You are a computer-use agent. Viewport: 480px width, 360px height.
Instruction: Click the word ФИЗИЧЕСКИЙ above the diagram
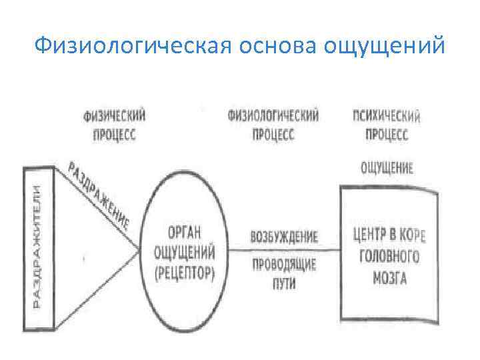coord(115,115)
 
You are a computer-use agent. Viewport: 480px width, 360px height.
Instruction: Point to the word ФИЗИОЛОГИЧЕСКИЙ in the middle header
coord(273,115)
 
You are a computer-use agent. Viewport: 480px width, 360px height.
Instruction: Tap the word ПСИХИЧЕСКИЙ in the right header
coord(387,117)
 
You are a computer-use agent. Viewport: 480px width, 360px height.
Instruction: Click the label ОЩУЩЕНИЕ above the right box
coord(387,168)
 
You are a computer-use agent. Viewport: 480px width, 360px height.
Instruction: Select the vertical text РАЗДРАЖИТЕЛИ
coord(37,247)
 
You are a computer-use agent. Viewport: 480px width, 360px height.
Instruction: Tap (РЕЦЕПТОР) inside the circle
coord(184,273)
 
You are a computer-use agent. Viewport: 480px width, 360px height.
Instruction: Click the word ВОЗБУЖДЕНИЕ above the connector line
coord(283,237)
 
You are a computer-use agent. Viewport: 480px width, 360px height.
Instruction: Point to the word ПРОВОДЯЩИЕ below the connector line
coord(283,265)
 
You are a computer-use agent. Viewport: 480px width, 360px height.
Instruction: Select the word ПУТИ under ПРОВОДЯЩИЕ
coord(283,283)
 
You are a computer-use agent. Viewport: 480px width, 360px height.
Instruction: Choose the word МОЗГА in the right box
coord(389,277)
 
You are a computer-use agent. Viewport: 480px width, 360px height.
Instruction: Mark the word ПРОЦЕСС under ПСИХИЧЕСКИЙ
coord(387,135)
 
